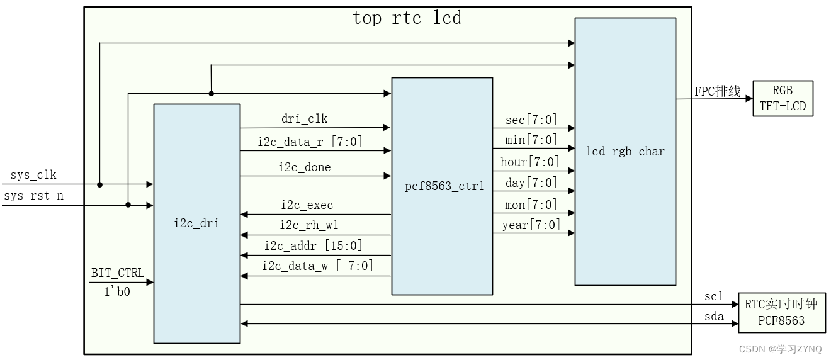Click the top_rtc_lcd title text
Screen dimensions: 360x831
[x=407, y=18]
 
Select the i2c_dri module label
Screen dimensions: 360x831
[x=196, y=222]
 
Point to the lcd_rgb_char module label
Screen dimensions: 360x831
[x=626, y=151]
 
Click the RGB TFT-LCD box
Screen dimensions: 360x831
[x=783, y=98]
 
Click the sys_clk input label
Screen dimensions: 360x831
[x=33, y=175]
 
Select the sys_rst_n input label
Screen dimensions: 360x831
[x=33, y=196]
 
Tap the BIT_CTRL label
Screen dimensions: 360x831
[x=118, y=273]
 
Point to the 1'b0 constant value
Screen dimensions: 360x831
[x=118, y=291]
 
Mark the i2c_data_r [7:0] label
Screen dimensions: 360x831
[x=310, y=142]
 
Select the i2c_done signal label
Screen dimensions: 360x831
[x=305, y=167]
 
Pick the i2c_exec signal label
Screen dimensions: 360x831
[x=307, y=205]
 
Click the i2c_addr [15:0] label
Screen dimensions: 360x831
[x=313, y=245]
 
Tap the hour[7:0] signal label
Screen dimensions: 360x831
[x=529, y=162]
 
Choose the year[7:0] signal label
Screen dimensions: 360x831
[x=531, y=225]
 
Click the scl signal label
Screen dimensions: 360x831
[x=714, y=296]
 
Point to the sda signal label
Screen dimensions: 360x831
[x=714, y=316]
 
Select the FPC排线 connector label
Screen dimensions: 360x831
[x=717, y=91]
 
